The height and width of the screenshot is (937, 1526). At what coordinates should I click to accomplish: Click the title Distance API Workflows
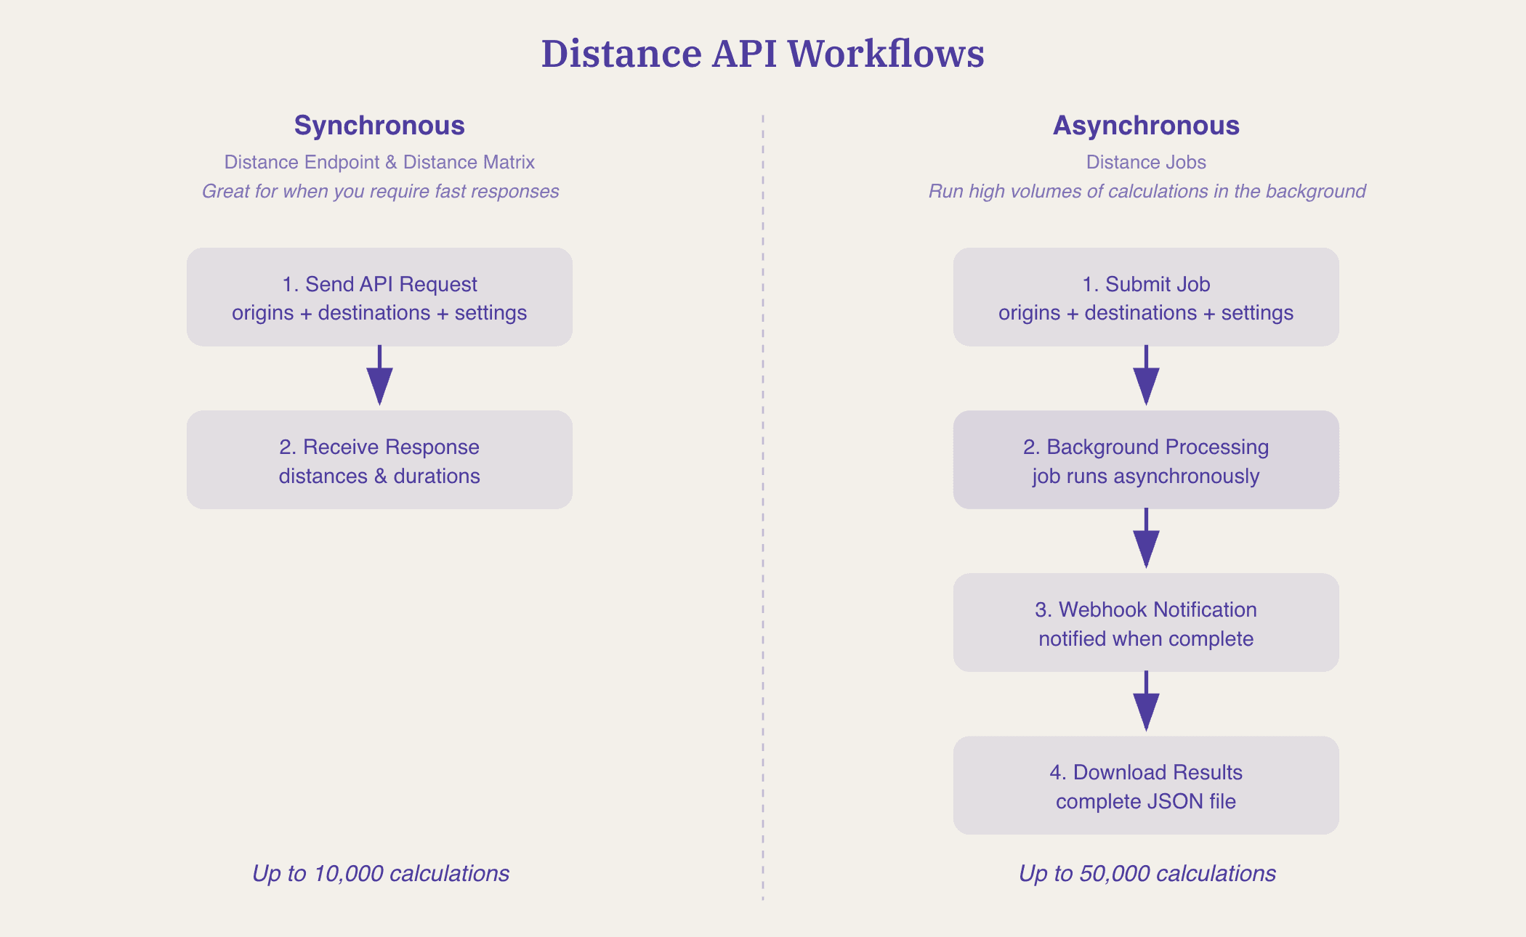[x=762, y=54]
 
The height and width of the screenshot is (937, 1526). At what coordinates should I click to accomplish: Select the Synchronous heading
[x=379, y=126]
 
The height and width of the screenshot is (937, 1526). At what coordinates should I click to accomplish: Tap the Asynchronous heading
[x=1146, y=126]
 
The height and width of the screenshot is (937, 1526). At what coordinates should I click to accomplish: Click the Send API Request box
[x=379, y=297]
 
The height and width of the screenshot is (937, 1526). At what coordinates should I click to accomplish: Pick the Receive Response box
[x=379, y=460]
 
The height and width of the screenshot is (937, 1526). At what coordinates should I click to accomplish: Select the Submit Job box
[x=1146, y=297]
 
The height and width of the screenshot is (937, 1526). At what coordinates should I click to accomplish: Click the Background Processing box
[x=1146, y=460]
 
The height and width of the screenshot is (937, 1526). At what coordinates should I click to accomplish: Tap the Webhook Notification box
[x=1146, y=622]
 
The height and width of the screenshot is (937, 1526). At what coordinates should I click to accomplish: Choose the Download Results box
[x=1146, y=785]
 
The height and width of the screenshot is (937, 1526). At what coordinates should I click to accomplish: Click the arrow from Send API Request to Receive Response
[x=379, y=376]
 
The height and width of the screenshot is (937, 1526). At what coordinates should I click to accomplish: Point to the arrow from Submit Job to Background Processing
[x=1146, y=376]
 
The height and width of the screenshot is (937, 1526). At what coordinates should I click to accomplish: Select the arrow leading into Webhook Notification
[x=1146, y=539]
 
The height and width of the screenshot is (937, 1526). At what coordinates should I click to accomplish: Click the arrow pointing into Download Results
[x=1146, y=702]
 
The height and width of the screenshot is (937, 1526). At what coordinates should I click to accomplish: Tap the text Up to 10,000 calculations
[x=380, y=873]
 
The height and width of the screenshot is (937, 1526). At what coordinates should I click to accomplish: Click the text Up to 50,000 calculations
[x=1147, y=873]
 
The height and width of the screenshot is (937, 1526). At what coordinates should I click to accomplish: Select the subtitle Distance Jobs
[x=1146, y=162]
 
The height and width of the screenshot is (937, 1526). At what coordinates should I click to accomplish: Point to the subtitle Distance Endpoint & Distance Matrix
[x=379, y=162]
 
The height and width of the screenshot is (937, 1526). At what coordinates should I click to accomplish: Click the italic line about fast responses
[x=380, y=191]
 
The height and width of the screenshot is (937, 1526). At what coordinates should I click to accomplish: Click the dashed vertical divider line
[x=763, y=508]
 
